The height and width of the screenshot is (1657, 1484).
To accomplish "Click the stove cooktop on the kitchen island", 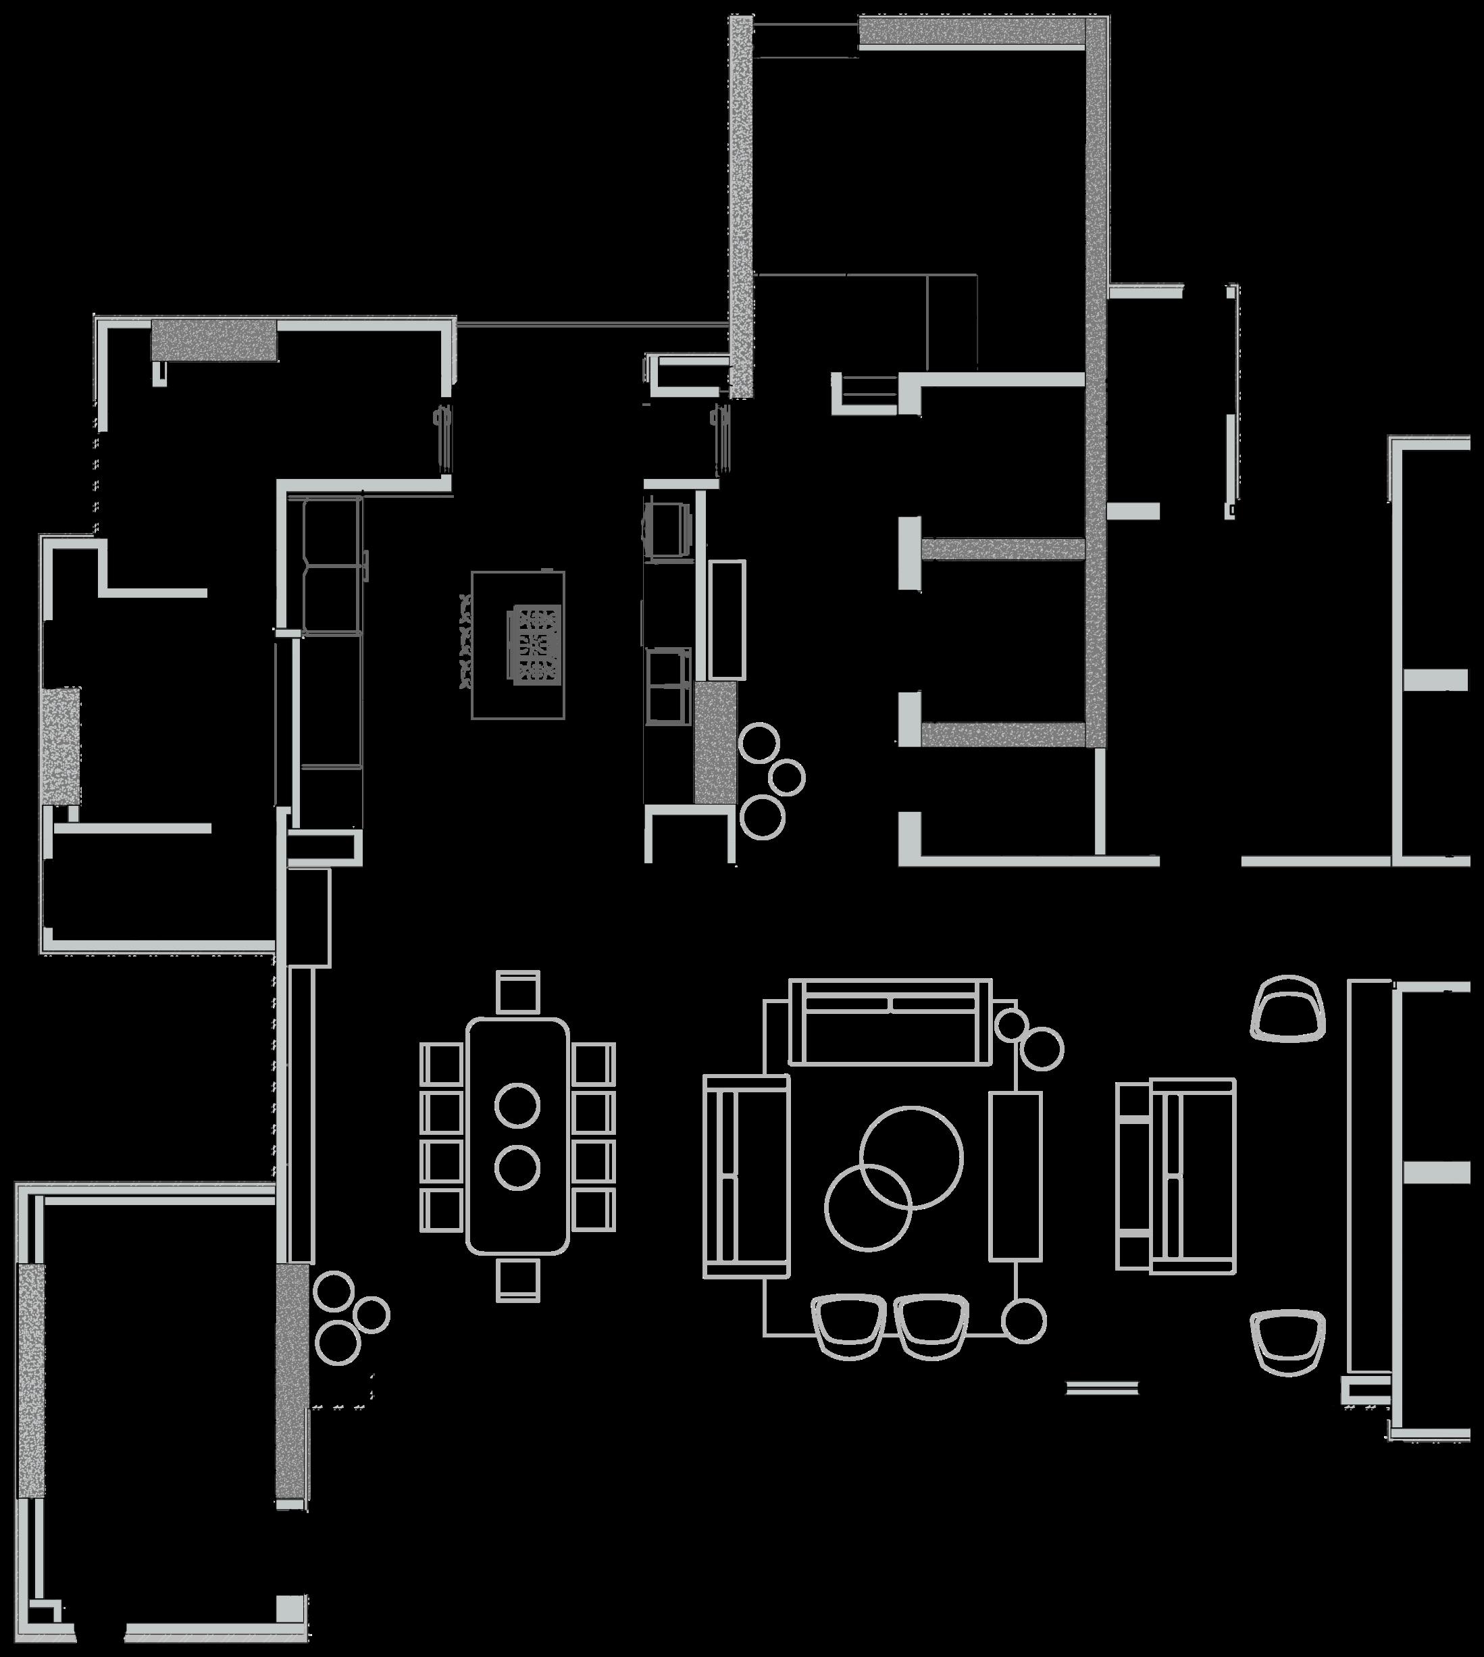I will tap(535, 644).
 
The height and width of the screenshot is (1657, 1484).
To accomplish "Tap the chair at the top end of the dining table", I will tap(518, 992).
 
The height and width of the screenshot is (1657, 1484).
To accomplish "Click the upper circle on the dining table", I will tap(517, 1106).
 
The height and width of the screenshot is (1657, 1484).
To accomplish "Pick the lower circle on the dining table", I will tap(517, 1168).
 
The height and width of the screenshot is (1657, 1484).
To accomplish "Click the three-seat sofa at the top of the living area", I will tap(890, 1023).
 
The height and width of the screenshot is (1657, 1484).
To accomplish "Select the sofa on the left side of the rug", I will tap(746, 1176).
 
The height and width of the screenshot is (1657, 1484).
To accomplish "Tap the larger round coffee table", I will tap(912, 1157).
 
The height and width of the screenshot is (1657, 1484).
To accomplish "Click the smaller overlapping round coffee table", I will tap(867, 1207).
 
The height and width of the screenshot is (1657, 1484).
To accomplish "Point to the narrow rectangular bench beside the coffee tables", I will tap(1015, 1176).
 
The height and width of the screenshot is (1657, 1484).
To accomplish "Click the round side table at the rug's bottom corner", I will tap(1023, 1322).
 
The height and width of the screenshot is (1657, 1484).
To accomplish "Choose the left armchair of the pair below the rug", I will tap(849, 1326).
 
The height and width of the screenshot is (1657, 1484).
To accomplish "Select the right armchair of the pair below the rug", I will tap(931, 1326).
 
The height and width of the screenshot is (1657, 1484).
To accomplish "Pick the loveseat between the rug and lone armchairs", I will tap(1176, 1176).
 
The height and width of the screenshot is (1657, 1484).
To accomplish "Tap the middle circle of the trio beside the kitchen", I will tap(786, 777).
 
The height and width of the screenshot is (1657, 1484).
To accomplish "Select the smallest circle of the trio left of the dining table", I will tap(372, 1315).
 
